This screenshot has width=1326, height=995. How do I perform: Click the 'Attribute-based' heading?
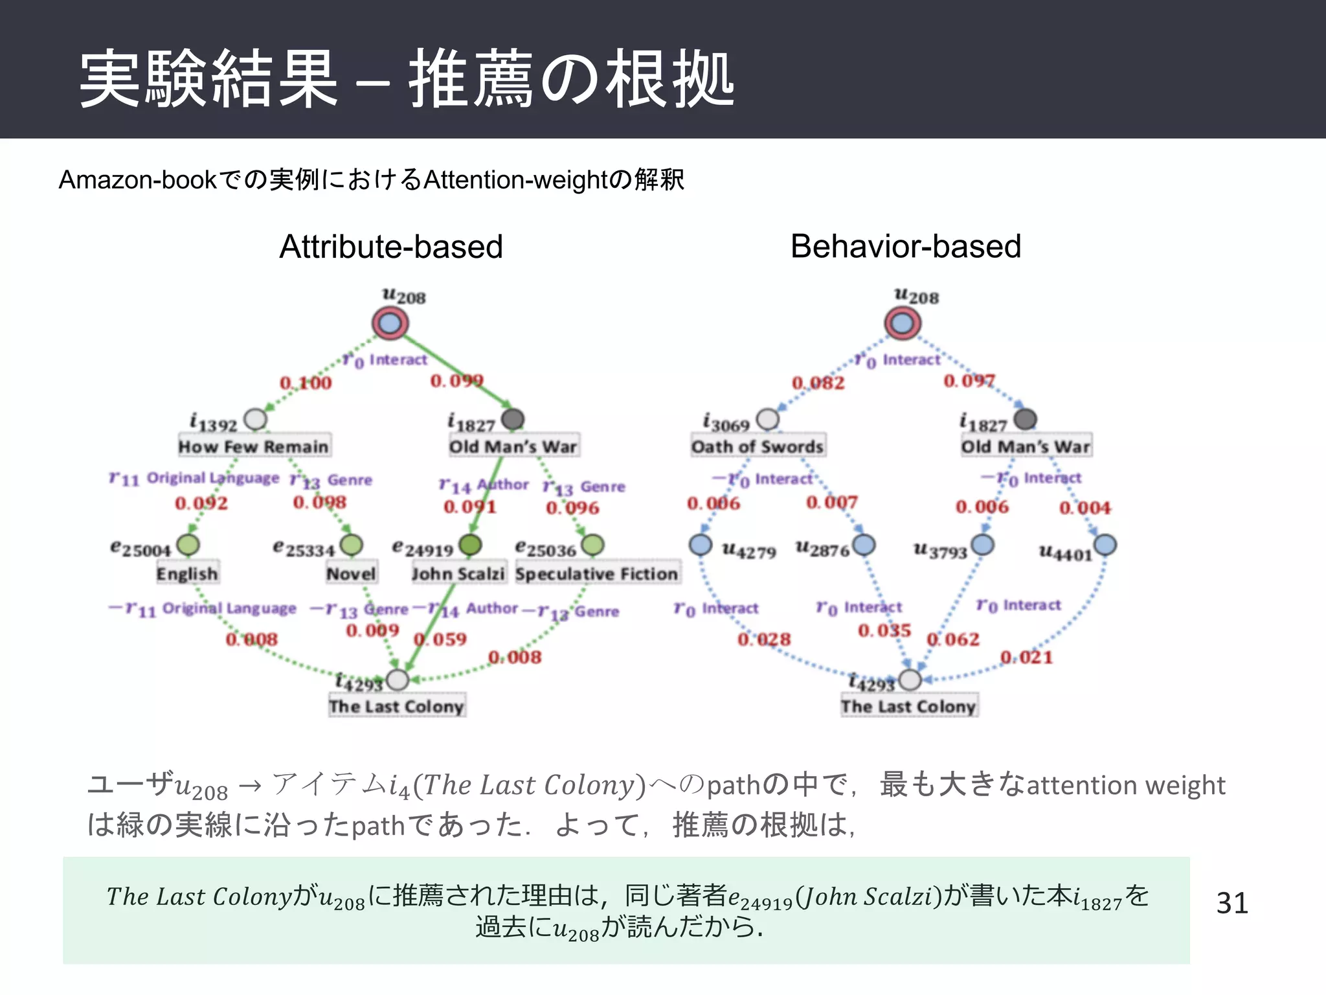click(391, 247)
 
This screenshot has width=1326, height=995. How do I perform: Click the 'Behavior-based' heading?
click(905, 247)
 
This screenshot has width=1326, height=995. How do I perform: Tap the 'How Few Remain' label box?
click(254, 446)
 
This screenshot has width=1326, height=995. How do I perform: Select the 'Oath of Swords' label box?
click(758, 446)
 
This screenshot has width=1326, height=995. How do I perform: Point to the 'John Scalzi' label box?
click(458, 574)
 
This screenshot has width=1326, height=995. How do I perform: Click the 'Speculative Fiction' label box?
click(596, 574)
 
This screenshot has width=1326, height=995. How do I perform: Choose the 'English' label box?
click(187, 574)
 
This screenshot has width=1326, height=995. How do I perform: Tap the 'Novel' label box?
click(351, 574)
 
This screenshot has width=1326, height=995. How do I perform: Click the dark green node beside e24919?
click(471, 545)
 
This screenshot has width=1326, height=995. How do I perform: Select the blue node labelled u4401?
click(1105, 545)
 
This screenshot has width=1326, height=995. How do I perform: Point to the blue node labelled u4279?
click(701, 545)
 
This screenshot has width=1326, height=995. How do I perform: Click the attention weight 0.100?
click(306, 383)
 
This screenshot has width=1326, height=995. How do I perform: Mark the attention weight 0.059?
click(440, 639)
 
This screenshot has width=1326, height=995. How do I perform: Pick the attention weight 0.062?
click(953, 639)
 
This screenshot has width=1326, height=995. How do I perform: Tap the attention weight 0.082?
click(818, 383)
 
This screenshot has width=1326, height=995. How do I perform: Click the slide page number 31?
click(1231, 903)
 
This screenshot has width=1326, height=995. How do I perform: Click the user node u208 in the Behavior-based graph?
click(903, 323)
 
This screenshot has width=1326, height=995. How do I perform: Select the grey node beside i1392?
click(256, 419)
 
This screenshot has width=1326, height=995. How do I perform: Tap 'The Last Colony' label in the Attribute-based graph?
click(396, 706)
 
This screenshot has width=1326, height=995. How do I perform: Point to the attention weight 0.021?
click(1027, 658)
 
